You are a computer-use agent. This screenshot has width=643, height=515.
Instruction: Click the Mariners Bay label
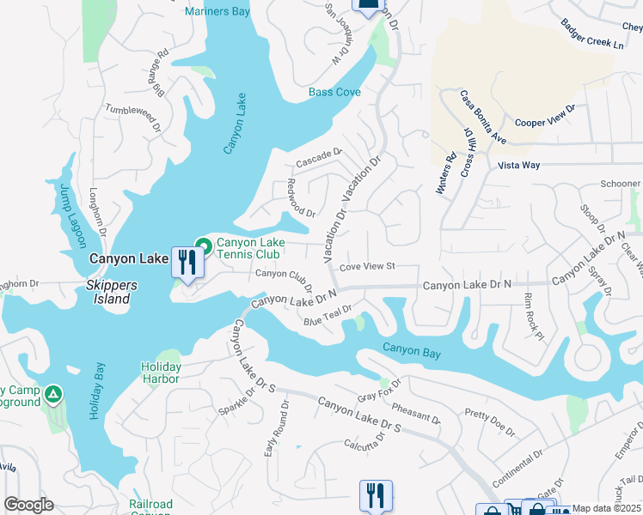pyautogui.click(x=218, y=12)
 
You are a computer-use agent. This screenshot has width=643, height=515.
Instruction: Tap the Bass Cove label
pyautogui.click(x=334, y=92)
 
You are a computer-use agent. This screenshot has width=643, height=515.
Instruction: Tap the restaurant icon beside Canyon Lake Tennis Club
pyautogui.click(x=187, y=262)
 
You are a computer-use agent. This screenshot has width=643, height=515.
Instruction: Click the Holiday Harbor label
pyautogui.click(x=161, y=373)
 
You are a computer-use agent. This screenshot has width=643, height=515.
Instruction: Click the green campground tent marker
pyautogui.click(x=53, y=394)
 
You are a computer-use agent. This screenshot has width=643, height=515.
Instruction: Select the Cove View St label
pyautogui.click(x=366, y=267)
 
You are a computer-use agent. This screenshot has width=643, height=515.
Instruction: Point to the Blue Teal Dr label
pyautogui.click(x=328, y=316)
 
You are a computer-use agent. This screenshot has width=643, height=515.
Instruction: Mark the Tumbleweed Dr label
pyautogui.click(x=132, y=116)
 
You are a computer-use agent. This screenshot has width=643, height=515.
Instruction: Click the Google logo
pyautogui.click(x=28, y=505)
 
